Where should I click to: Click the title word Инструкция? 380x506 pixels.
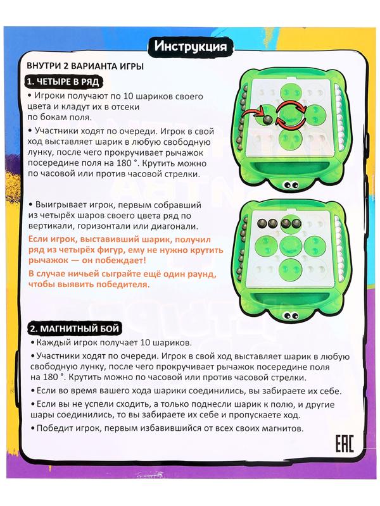190,46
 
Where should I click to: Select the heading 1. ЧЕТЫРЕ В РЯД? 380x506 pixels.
61,82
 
